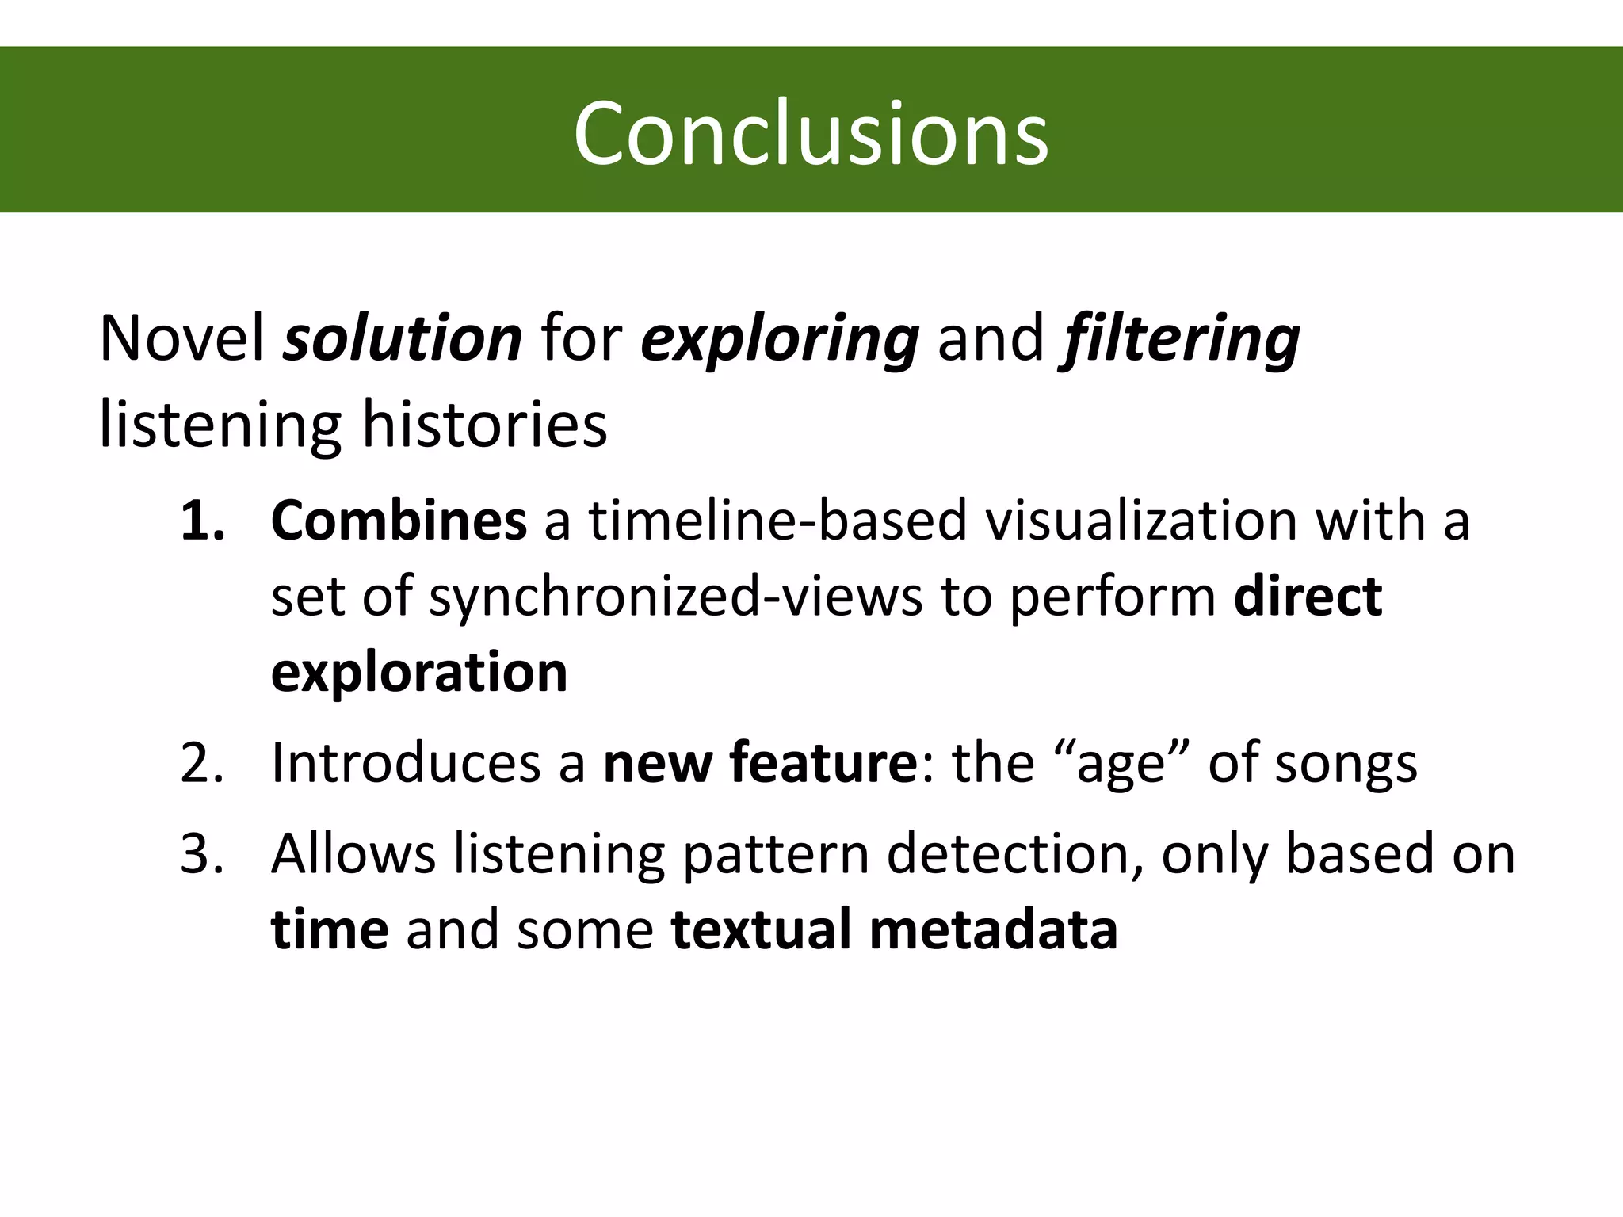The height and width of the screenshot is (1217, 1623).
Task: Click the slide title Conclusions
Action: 811,133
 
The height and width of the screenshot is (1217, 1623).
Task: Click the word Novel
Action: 181,338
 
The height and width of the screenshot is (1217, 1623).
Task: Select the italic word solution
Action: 403,338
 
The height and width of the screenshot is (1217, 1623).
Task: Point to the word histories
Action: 484,425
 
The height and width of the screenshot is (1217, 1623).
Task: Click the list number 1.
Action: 203,521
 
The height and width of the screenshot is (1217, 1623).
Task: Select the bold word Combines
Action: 399,521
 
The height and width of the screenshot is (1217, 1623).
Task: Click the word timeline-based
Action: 777,521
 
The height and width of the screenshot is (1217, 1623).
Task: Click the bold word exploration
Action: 419,673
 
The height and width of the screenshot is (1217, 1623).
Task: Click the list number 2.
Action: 203,764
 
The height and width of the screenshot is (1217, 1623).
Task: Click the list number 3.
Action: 203,854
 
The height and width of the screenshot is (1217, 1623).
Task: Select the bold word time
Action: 330,929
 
